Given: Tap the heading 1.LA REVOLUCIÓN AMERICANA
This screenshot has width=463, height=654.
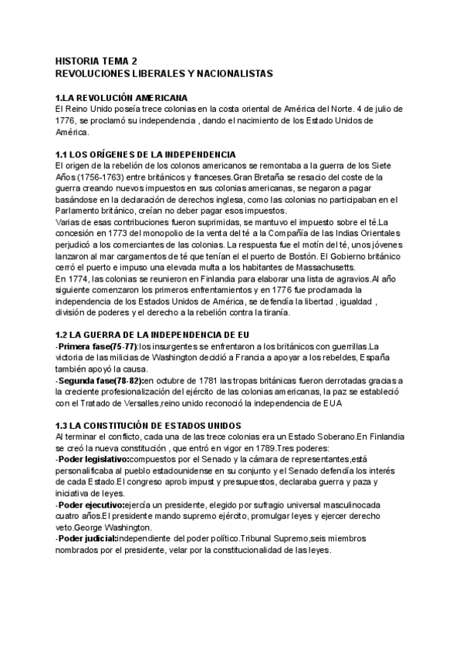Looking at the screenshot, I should [x=121, y=99].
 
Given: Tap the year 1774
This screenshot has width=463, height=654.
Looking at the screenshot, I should [x=81, y=278].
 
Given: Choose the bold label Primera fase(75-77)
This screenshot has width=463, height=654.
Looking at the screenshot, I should [x=92, y=348].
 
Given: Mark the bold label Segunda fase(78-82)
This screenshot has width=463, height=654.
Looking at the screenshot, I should [x=99, y=381].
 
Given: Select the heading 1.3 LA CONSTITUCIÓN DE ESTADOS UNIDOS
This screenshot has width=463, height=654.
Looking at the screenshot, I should [x=148, y=426].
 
